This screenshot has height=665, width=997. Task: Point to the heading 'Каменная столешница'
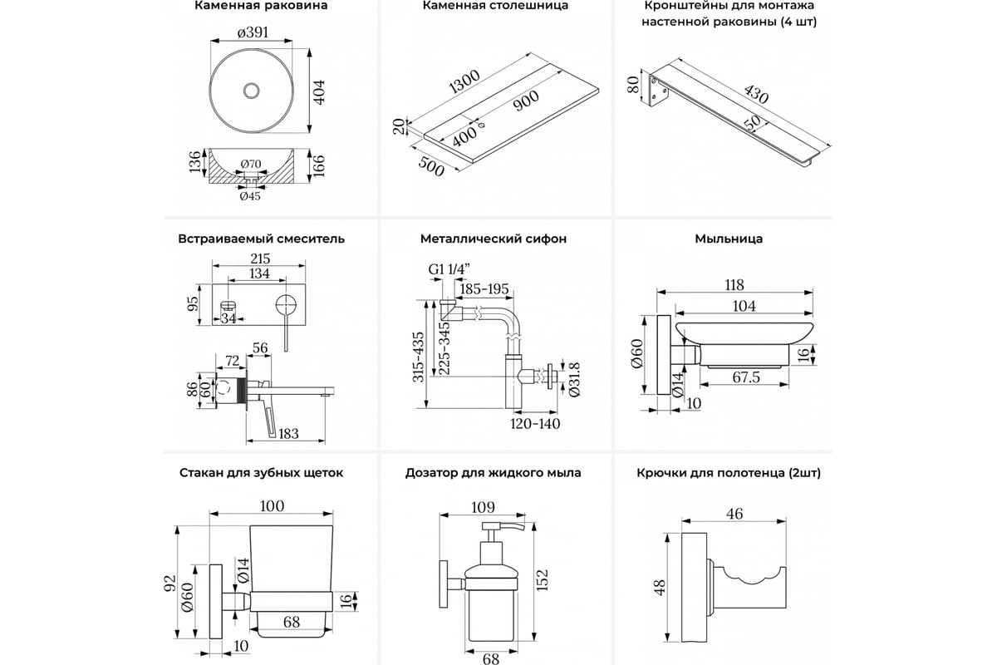[495, 5]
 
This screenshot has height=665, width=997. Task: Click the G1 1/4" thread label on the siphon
[449, 270]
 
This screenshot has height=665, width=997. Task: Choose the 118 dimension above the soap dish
[734, 284]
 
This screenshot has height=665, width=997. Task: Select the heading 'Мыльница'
[729, 239]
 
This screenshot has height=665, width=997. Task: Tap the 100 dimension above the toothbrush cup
[272, 506]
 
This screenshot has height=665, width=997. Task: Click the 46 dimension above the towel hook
[734, 514]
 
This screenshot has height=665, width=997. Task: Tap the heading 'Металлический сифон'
[494, 239]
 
